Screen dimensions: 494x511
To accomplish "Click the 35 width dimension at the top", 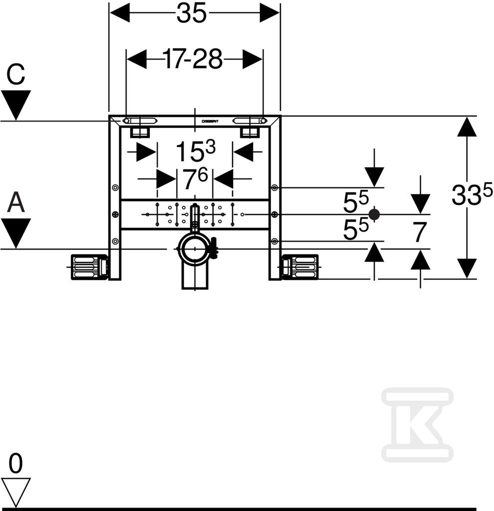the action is [x=192, y=14].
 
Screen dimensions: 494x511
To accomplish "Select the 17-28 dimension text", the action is [x=194, y=59].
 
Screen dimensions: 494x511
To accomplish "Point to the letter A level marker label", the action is [x=15, y=202].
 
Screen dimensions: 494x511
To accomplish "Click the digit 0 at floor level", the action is [x=15, y=464].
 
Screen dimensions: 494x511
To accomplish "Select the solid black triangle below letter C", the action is [x=15, y=105].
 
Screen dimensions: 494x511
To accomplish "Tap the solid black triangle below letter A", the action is [x=15, y=233].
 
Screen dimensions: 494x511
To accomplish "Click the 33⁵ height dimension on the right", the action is [x=472, y=196].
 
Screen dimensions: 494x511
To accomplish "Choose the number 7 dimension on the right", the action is [x=419, y=233].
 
